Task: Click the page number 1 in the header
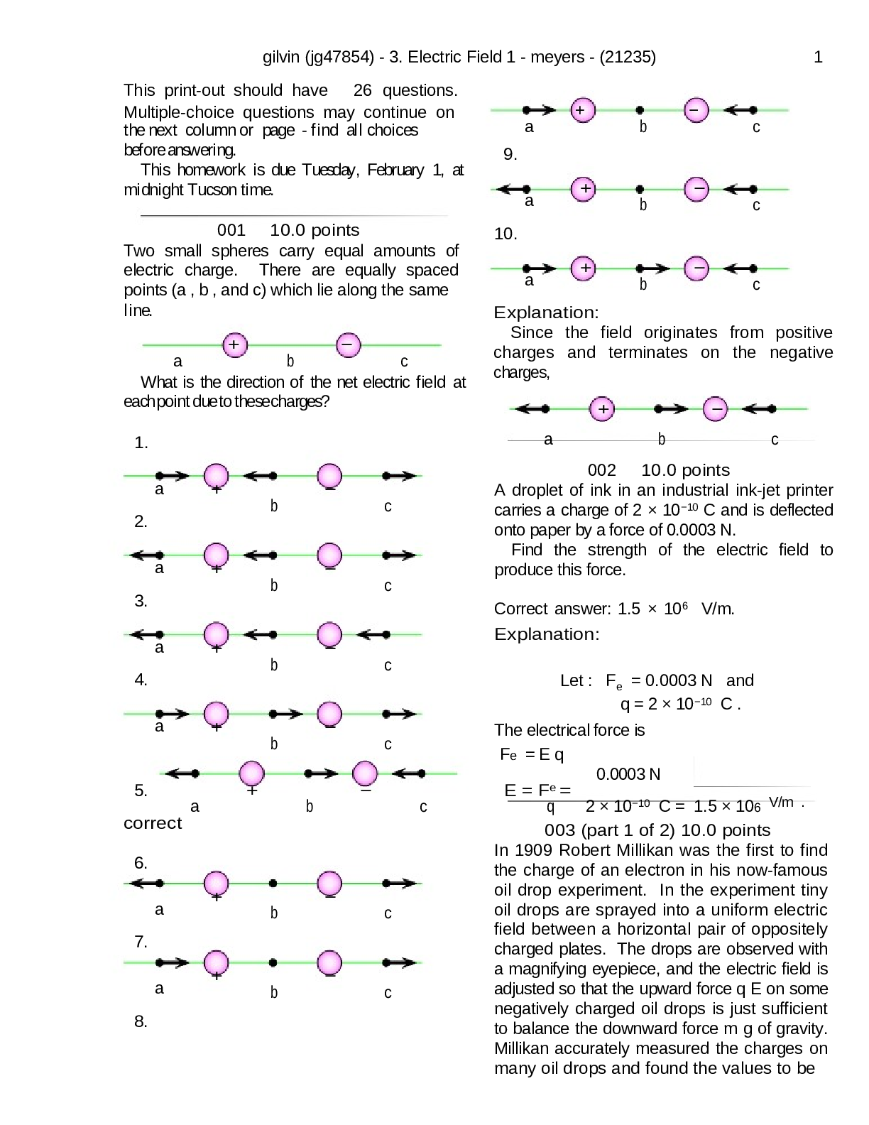tap(818, 58)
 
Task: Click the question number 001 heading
tap(231, 230)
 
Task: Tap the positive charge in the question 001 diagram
tap(234, 345)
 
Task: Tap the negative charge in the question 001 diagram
tap(348, 345)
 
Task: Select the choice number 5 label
tap(141, 790)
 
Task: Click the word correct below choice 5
tap(153, 823)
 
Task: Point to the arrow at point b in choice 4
tap(286, 714)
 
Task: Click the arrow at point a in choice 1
tap(173, 476)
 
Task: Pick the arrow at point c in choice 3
tap(373, 634)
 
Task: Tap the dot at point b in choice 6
tap(273, 884)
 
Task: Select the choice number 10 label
tap(505, 234)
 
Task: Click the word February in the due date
tap(395, 170)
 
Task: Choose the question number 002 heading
tap(601, 470)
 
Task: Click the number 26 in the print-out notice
tap(362, 90)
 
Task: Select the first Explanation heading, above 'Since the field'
tap(546, 312)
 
